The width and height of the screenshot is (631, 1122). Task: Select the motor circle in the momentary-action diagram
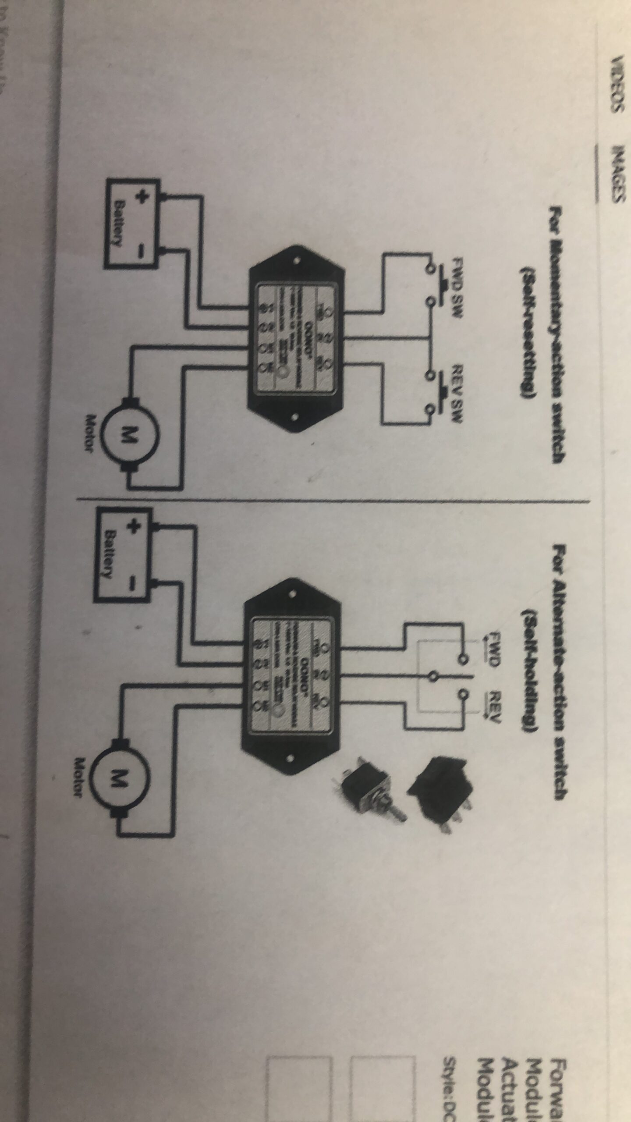(127, 434)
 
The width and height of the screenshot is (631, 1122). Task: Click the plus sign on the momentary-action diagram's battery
(141, 197)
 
